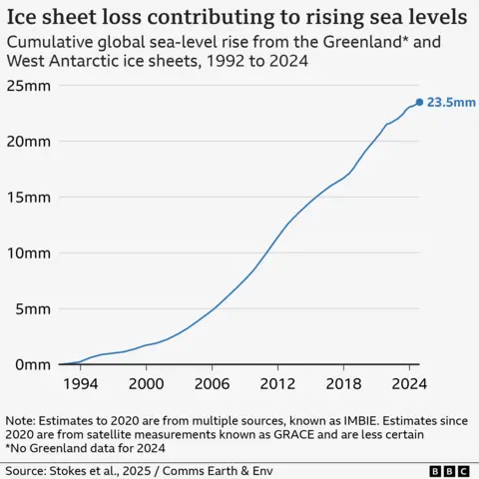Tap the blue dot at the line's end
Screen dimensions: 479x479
tap(419, 102)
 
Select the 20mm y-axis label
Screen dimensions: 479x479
tap(32, 141)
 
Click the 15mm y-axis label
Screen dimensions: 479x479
tap(32, 197)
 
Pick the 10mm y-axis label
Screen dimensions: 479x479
tap(32, 252)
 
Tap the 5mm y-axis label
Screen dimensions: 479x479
tap(36, 308)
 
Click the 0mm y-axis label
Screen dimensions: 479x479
tap(36, 364)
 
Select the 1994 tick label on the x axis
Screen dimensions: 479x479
tap(81, 383)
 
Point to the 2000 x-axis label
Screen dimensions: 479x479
tap(147, 383)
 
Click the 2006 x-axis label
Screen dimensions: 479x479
tap(212, 383)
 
